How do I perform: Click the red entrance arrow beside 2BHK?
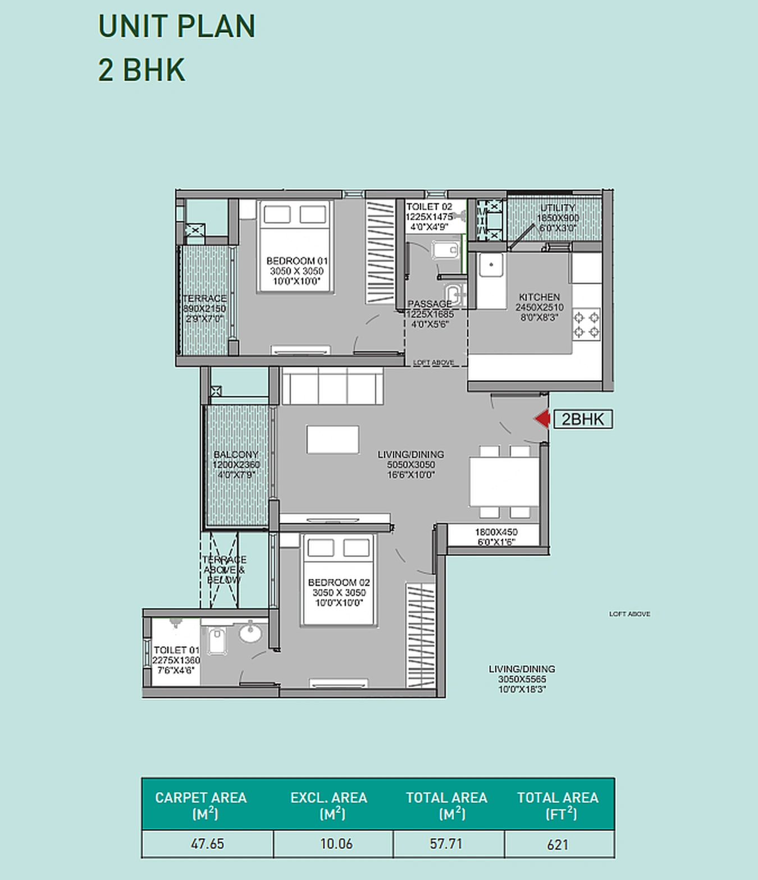pos(542,419)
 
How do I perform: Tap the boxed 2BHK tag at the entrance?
pos(583,419)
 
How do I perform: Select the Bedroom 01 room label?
pos(297,271)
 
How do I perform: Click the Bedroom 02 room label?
pos(339,592)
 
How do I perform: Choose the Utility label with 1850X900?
pos(557,218)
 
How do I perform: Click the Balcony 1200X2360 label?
pos(236,464)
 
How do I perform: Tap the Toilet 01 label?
pos(176,659)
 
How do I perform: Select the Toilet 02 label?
pos(429,217)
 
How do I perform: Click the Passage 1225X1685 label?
pos(430,314)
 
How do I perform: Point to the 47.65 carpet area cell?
pos(207,844)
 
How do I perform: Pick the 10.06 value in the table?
pos(336,844)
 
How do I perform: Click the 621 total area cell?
pos(558,845)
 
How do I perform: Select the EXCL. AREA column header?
pos(328,805)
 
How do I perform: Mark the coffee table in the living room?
pos(332,439)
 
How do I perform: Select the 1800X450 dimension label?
pos(496,537)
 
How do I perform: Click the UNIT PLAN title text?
pos(176,26)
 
